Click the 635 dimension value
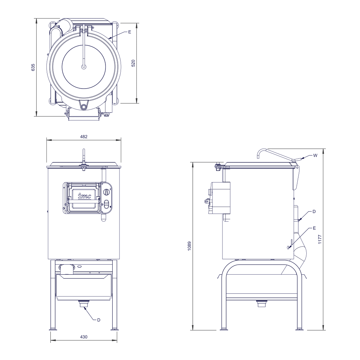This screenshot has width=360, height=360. coord(33,67)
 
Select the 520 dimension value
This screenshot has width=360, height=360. coord(133,63)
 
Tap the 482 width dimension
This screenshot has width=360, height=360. coord(84,136)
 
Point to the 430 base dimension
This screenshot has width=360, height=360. coord(84,337)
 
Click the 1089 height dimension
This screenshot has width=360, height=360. coord(189,246)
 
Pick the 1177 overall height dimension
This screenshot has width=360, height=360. coord(320,239)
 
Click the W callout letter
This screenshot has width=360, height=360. coord(315,156)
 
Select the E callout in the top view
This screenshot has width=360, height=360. coord(130,32)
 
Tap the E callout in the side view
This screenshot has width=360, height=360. coord(314,228)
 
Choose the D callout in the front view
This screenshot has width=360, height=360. coord(99,320)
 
